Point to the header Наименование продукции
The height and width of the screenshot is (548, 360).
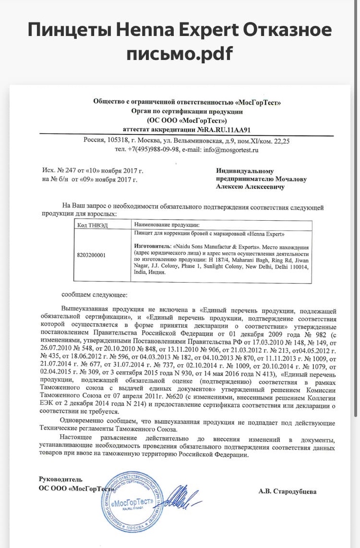(166, 224)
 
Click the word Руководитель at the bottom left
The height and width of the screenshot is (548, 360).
(60, 479)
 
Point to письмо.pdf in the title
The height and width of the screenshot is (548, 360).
(180, 54)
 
